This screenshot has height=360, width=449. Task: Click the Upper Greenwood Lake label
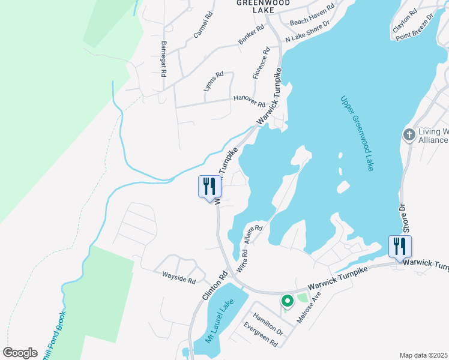pos(357,133)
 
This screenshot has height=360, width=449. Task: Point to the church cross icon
pos(409,134)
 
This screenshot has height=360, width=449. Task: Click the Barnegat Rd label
pos(163,59)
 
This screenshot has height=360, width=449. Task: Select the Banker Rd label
pos(251,35)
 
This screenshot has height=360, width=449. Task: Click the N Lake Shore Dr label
pos(308,34)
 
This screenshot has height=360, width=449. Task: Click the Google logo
pos(20,353)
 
